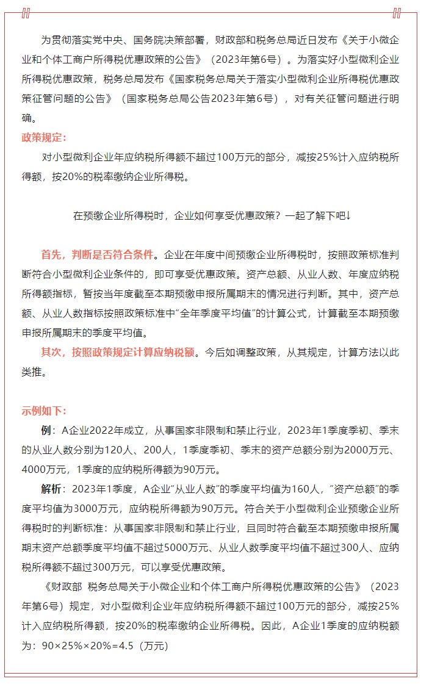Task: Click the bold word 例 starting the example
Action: (46, 430)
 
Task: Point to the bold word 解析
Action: (51, 489)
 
